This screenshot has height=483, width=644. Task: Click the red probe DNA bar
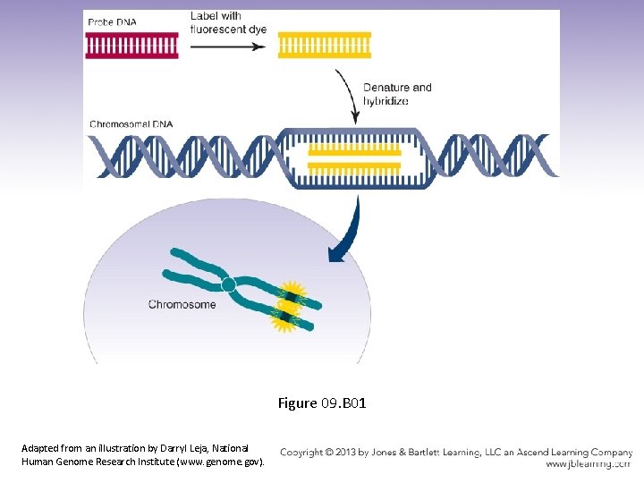(131, 46)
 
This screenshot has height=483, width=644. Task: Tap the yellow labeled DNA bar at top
(325, 45)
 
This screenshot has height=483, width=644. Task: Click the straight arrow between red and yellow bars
(228, 46)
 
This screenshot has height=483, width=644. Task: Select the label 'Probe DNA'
(113, 22)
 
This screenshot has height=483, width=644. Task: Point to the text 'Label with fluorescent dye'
(228, 22)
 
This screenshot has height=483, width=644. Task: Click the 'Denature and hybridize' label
(397, 94)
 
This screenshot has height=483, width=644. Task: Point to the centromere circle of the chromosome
(228, 284)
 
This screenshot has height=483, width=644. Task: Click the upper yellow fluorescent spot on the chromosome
(290, 294)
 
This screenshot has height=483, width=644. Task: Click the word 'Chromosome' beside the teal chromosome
(182, 304)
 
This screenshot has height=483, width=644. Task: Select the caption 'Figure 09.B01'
(322, 403)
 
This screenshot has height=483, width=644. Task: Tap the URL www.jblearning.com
(588, 464)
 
